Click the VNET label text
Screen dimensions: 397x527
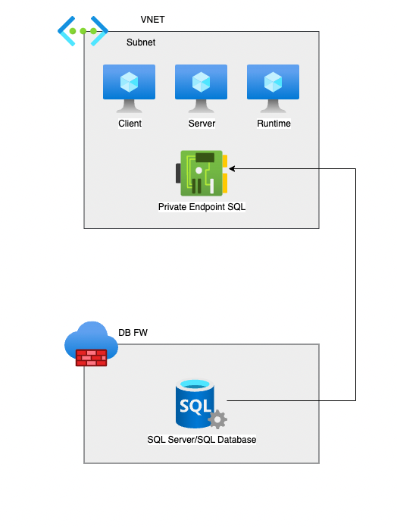point(152,20)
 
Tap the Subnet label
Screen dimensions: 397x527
point(141,42)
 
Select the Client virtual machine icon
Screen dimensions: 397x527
point(129,89)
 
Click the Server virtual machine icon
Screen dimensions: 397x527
point(201,89)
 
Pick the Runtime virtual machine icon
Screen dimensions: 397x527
point(273,89)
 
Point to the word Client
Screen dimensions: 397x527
point(130,124)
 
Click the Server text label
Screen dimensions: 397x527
point(202,124)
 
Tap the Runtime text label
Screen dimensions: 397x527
point(274,124)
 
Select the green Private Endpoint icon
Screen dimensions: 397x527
point(202,173)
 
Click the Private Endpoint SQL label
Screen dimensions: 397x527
point(202,207)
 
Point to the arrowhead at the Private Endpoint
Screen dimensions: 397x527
point(230,169)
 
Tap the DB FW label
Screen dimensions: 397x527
point(133,332)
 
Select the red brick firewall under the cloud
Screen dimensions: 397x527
point(91,358)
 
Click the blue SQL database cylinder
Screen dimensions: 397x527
point(195,403)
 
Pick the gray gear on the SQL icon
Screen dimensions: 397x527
point(217,419)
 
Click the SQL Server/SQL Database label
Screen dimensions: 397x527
point(202,440)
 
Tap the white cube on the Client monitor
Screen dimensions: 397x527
point(129,82)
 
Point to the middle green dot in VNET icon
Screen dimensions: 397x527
point(83,31)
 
